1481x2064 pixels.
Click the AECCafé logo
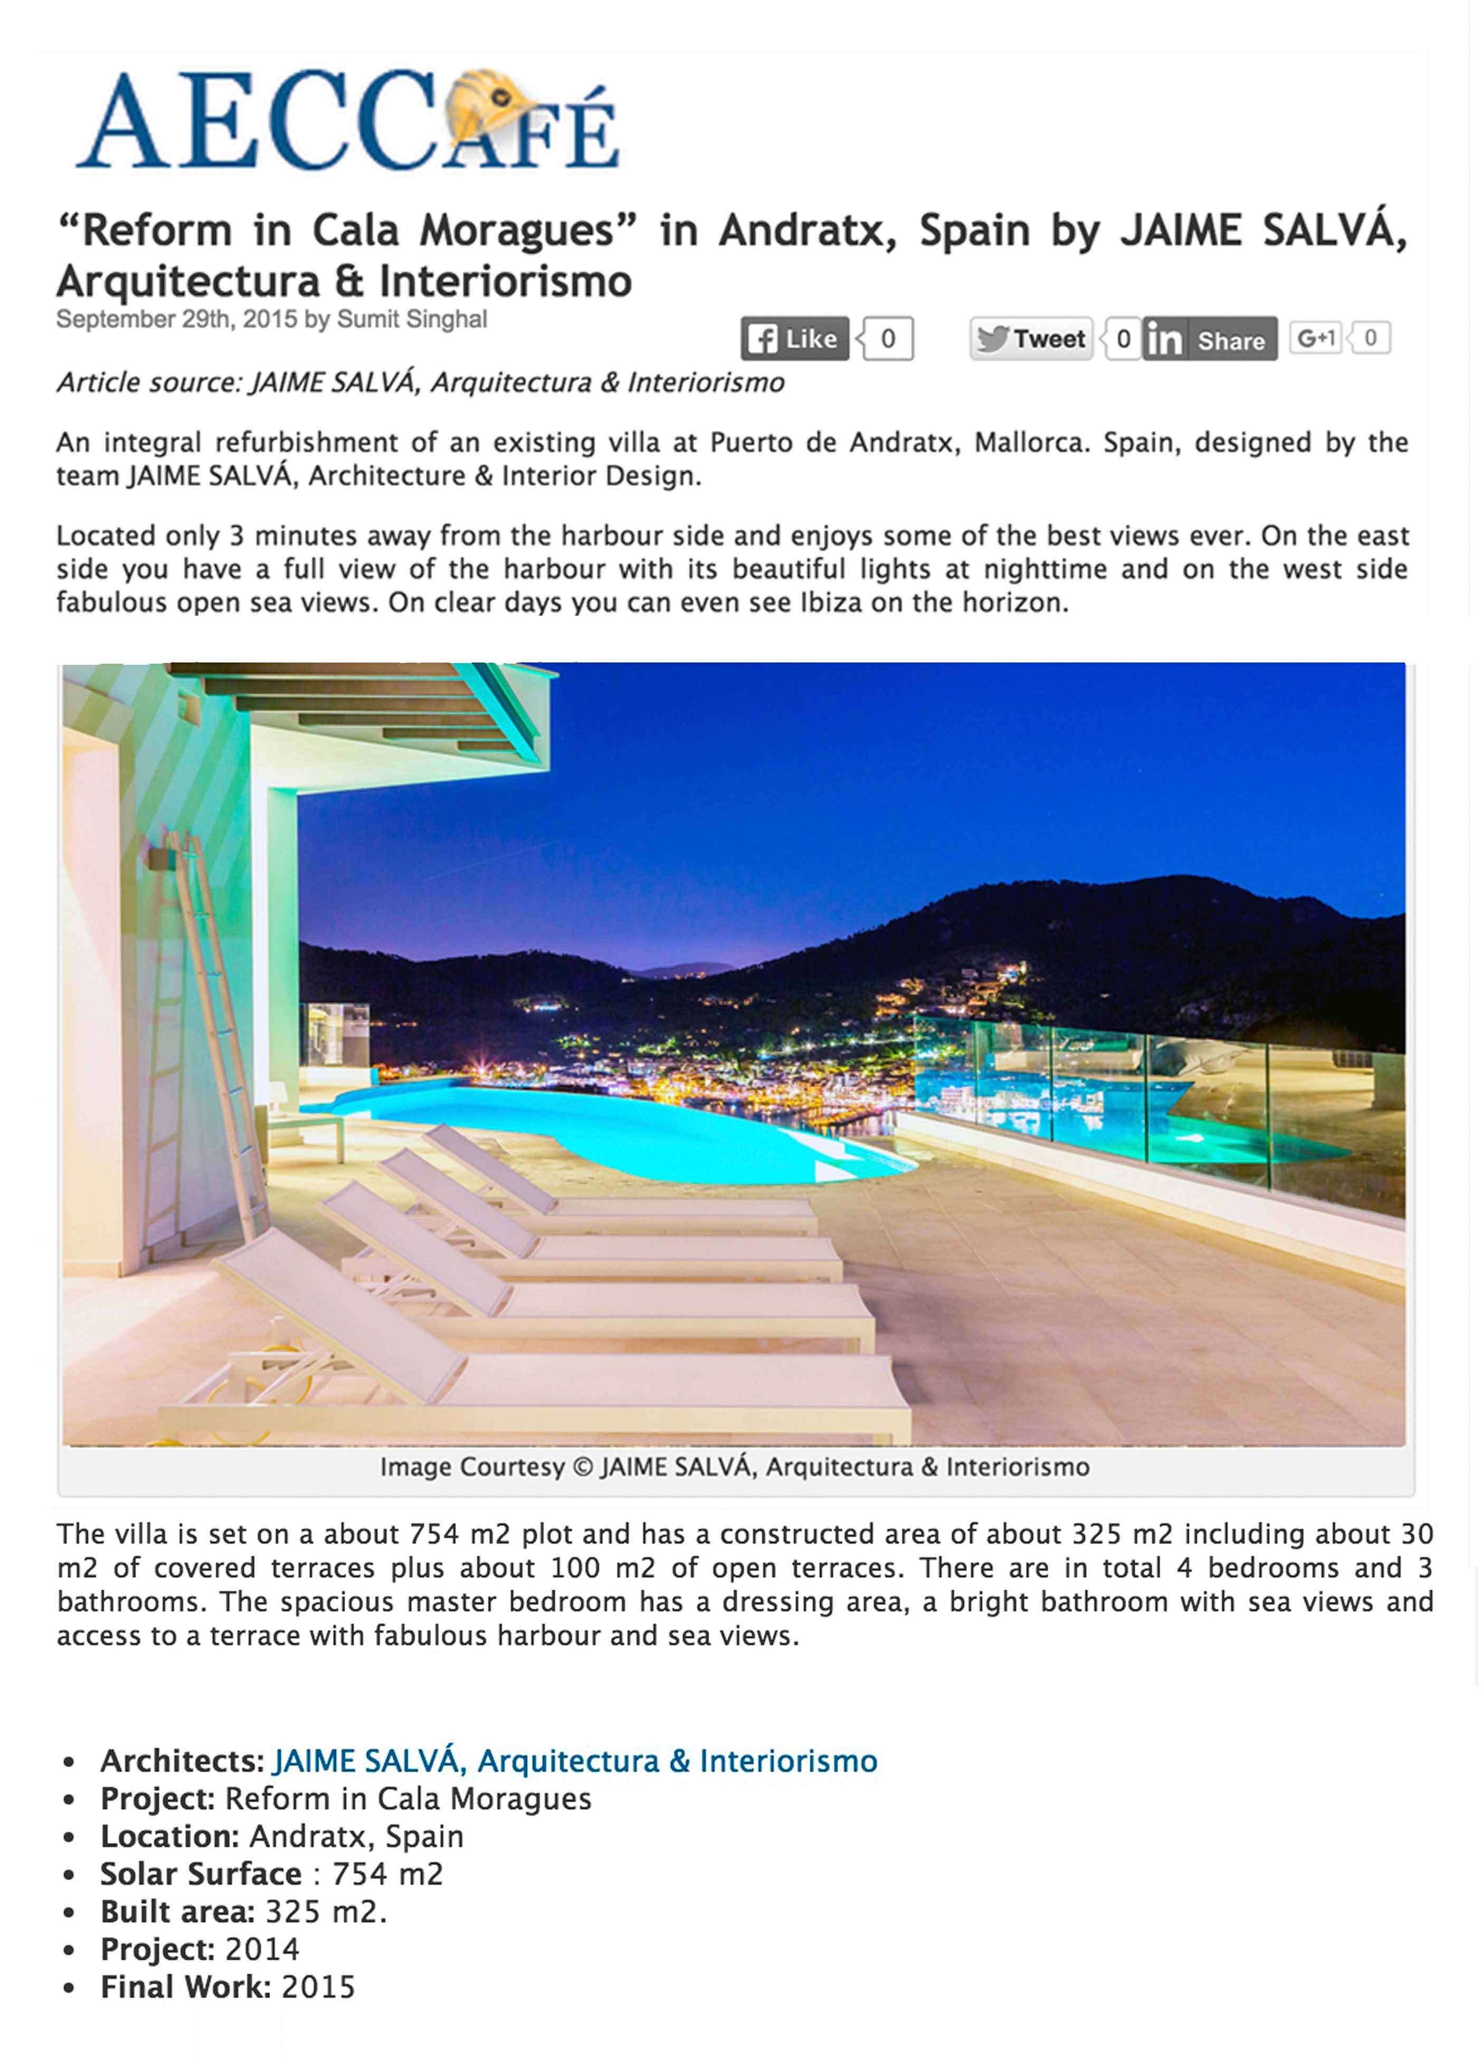point(346,121)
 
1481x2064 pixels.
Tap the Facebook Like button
point(794,339)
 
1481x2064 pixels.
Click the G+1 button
point(1315,339)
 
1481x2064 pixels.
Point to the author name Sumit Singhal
point(412,319)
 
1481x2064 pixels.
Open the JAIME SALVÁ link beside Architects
point(574,1761)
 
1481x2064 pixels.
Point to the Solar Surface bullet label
point(200,1874)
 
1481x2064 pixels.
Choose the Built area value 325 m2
point(325,1911)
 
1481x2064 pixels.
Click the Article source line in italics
point(420,382)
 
